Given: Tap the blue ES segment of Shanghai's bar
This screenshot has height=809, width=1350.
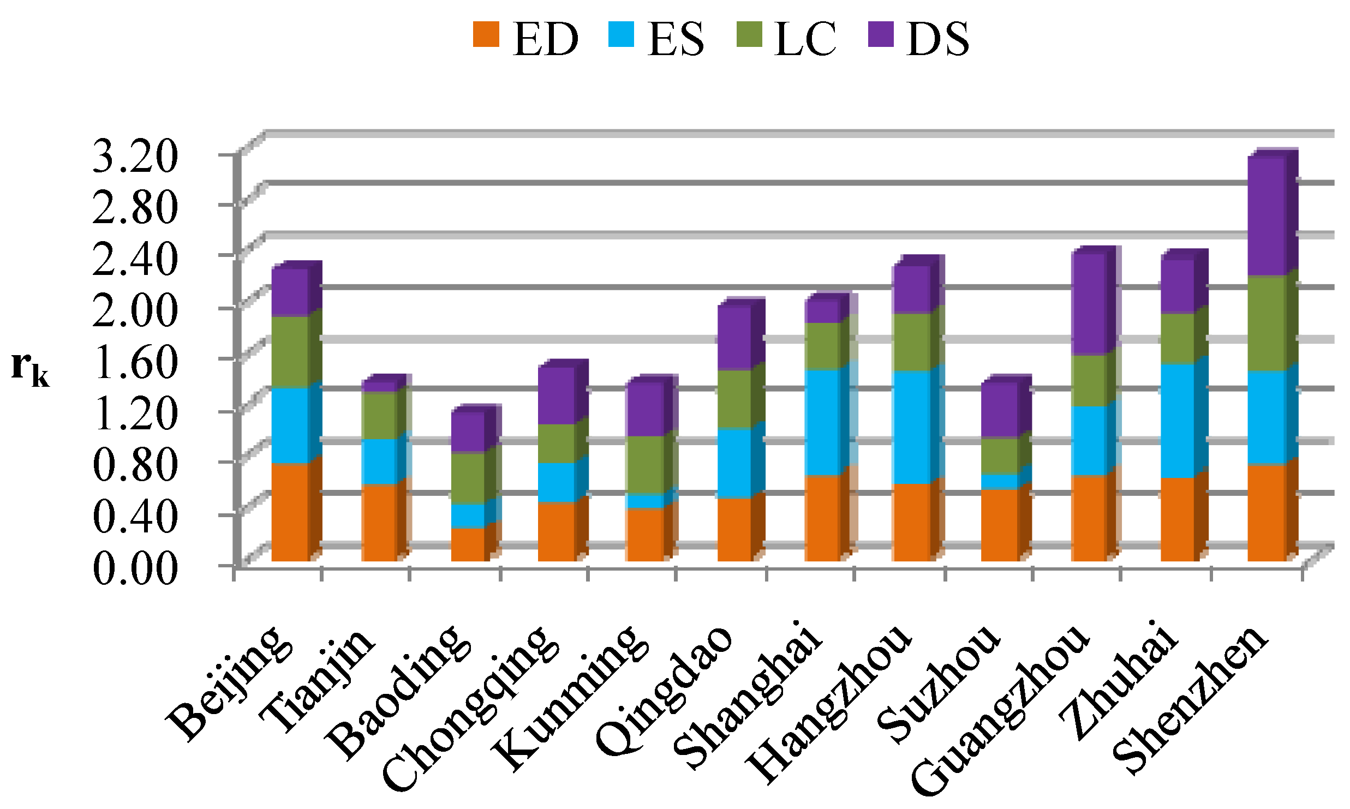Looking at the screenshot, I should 822,423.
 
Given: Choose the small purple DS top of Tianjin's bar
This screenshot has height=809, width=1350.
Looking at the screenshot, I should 379,386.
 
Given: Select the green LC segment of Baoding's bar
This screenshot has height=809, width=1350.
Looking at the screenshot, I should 468,477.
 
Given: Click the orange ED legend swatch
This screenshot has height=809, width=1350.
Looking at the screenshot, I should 486,34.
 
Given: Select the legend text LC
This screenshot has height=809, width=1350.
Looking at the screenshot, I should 805,39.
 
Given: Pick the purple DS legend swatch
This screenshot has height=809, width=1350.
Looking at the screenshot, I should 880,34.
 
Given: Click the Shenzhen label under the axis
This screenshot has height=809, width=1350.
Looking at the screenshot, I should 1190,701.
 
